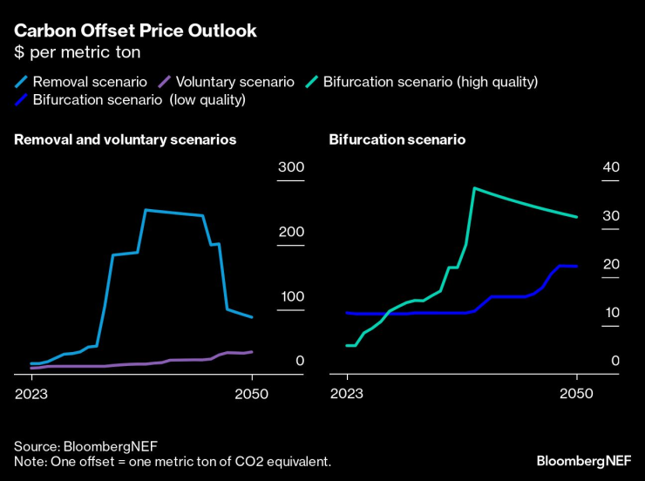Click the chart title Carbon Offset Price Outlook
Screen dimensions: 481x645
[x=135, y=31]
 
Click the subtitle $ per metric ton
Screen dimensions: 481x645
[x=77, y=52]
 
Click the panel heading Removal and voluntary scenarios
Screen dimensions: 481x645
[x=126, y=139]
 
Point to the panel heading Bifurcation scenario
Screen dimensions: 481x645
[x=397, y=139]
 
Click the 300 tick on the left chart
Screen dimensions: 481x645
[x=289, y=167]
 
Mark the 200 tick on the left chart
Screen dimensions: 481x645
[x=289, y=232]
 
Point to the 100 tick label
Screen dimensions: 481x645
[x=289, y=296]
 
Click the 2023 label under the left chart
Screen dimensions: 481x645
[x=32, y=394]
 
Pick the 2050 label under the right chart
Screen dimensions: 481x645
[x=576, y=394]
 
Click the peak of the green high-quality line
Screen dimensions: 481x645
[x=473, y=187]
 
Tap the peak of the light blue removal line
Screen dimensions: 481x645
[x=146, y=210]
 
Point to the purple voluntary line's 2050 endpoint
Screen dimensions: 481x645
[x=252, y=352]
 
